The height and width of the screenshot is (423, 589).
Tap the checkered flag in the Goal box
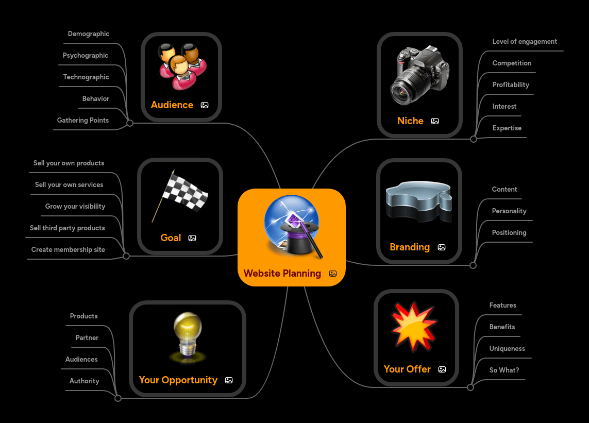click(x=181, y=196)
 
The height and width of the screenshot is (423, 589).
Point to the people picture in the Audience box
click(x=182, y=66)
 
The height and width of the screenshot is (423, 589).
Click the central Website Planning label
click(x=282, y=274)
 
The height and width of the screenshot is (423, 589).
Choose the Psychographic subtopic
click(x=86, y=56)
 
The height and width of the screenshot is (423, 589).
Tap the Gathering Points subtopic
click(x=83, y=121)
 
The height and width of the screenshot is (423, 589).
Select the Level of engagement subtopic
click(x=525, y=42)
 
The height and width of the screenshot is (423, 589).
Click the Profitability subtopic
click(x=511, y=85)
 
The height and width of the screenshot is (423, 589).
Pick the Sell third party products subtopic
click(x=68, y=228)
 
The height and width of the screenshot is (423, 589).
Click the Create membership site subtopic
click(x=68, y=250)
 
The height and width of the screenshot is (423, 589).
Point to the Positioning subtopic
click(x=509, y=233)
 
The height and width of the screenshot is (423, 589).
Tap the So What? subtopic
click(x=504, y=370)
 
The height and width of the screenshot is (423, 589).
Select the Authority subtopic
click(x=85, y=381)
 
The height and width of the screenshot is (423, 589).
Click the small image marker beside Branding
click(x=442, y=247)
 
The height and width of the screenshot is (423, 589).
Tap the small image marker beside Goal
click(x=192, y=238)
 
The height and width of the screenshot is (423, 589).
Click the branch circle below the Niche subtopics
click(x=474, y=139)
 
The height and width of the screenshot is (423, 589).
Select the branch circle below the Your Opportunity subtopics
click(x=118, y=398)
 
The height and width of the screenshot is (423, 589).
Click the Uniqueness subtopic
click(x=507, y=349)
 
